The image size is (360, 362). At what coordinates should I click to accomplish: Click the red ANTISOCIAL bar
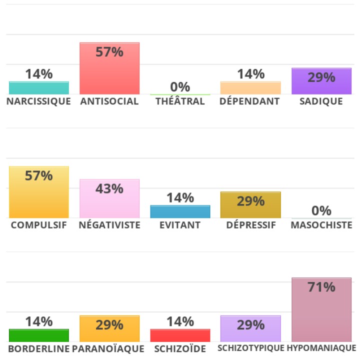pos(109,68)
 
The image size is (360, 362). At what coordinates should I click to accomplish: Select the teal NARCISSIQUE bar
pos(39,88)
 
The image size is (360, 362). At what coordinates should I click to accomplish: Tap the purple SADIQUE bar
pos(321,81)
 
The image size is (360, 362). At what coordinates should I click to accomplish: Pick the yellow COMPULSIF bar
pos(39,192)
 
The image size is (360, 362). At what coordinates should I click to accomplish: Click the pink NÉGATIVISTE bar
pos(109,198)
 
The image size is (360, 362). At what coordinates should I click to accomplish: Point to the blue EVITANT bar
pos(180,211)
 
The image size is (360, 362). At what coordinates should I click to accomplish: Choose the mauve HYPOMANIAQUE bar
pos(321,310)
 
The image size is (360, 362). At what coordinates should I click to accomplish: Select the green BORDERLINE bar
pos(39,335)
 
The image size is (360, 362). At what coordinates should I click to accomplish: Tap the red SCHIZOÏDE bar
pos(180,335)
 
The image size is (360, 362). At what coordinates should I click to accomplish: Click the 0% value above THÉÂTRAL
pos(180,87)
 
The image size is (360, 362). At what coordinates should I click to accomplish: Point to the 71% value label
pos(321,287)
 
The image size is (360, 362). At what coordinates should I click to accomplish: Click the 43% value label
pos(109,189)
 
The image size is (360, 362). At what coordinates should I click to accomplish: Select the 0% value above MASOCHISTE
pos(321,211)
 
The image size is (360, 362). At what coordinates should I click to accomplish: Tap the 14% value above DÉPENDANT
pos(251,74)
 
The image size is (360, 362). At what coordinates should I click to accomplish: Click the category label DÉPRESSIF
pos(251,225)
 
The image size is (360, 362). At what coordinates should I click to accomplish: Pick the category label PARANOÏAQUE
pos(108,349)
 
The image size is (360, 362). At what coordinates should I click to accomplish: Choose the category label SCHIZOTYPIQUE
pos(251,348)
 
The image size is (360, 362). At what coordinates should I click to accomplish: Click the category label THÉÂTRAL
pos(180,101)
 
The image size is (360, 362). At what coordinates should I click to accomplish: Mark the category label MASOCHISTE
pos(321,225)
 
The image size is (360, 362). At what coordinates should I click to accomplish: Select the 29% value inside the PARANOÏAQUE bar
pos(109,325)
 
